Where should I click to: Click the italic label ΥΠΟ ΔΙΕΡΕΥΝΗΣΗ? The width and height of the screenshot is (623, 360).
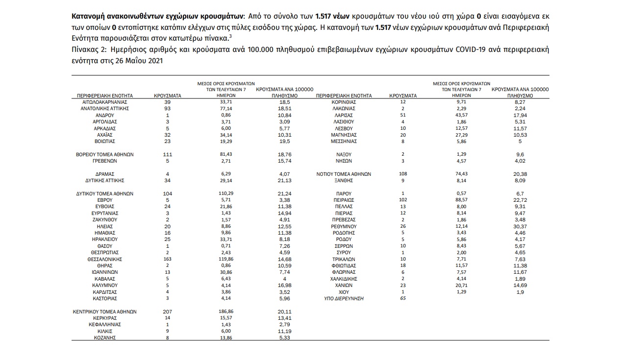click(344, 298)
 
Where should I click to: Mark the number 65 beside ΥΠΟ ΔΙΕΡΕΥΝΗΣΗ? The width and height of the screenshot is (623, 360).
click(403, 298)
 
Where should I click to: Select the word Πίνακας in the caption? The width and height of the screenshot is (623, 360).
click(84, 49)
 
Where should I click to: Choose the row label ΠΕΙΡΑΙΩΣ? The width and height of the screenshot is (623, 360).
click(344, 200)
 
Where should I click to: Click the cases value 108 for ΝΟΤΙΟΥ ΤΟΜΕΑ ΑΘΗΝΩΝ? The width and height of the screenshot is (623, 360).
click(402, 174)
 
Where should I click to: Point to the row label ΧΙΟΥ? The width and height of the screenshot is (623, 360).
click(344, 292)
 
